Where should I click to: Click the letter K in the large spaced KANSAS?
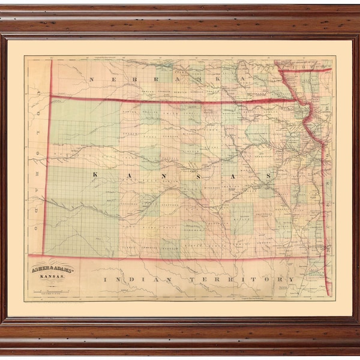click(x=95, y=174)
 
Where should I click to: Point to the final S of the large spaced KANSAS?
click(x=268, y=175)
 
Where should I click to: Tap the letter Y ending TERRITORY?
click(x=292, y=280)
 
